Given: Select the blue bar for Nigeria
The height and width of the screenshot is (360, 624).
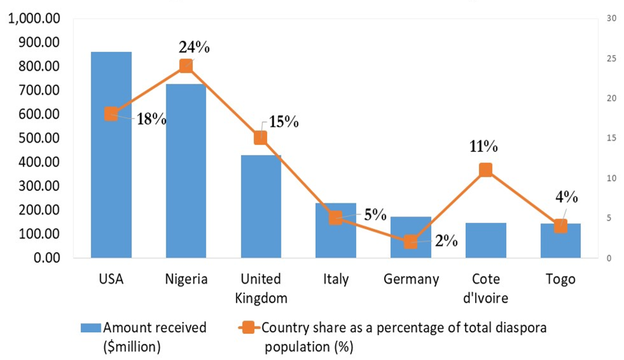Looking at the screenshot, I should click(186, 182).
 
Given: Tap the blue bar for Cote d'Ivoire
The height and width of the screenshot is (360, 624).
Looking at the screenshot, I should click(486, 240).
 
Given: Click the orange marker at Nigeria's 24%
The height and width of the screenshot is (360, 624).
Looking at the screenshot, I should click(186, 66).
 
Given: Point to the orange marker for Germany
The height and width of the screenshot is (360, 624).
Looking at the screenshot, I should click(410, 242).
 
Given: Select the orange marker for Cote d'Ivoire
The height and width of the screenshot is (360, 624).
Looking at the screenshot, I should click(486, 170).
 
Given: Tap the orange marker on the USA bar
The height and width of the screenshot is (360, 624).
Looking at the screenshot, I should click(111, 114).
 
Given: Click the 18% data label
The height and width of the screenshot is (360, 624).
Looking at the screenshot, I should click(151, 120).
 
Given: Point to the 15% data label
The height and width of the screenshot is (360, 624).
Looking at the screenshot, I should click(284, 122).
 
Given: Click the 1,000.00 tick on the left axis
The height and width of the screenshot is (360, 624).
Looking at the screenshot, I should click(34, 19).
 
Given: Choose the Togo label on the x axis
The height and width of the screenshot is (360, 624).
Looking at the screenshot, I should click(560, 280).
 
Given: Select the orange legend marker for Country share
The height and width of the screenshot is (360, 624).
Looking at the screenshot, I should click(247, 328).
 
